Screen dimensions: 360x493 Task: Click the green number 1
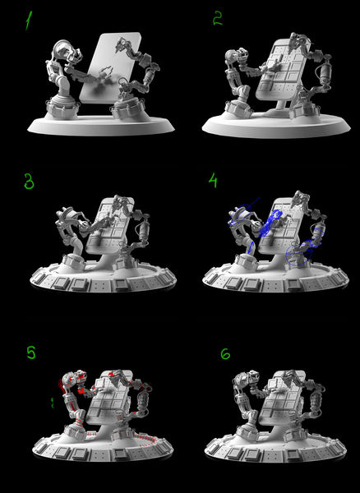click(x=29, y=21)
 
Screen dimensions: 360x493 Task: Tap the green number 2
click(x=218, y=20)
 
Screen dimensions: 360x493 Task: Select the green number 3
click(x=29, y=182)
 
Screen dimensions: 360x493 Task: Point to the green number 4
click(x=213, y=181)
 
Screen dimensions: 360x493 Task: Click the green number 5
click(x=31, y=352)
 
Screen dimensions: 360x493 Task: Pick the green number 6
click(x=225, y=354)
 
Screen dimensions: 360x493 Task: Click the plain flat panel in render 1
click(x=110, y=67)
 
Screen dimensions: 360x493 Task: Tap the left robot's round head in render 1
click(x=64, y=52)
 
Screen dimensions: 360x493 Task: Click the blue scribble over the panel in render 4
click(x=270, y=223)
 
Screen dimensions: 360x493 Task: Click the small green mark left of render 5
click(x=53, y=403)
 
